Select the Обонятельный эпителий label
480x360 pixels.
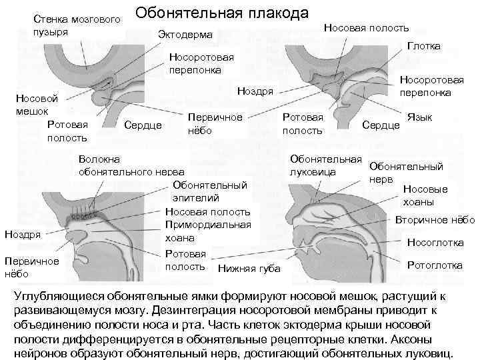(209, 191)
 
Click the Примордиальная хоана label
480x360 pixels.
(208, 231)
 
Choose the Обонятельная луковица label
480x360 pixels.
(325, 165)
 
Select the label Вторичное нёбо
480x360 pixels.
(435, 219)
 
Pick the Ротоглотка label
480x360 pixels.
(435, 265)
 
